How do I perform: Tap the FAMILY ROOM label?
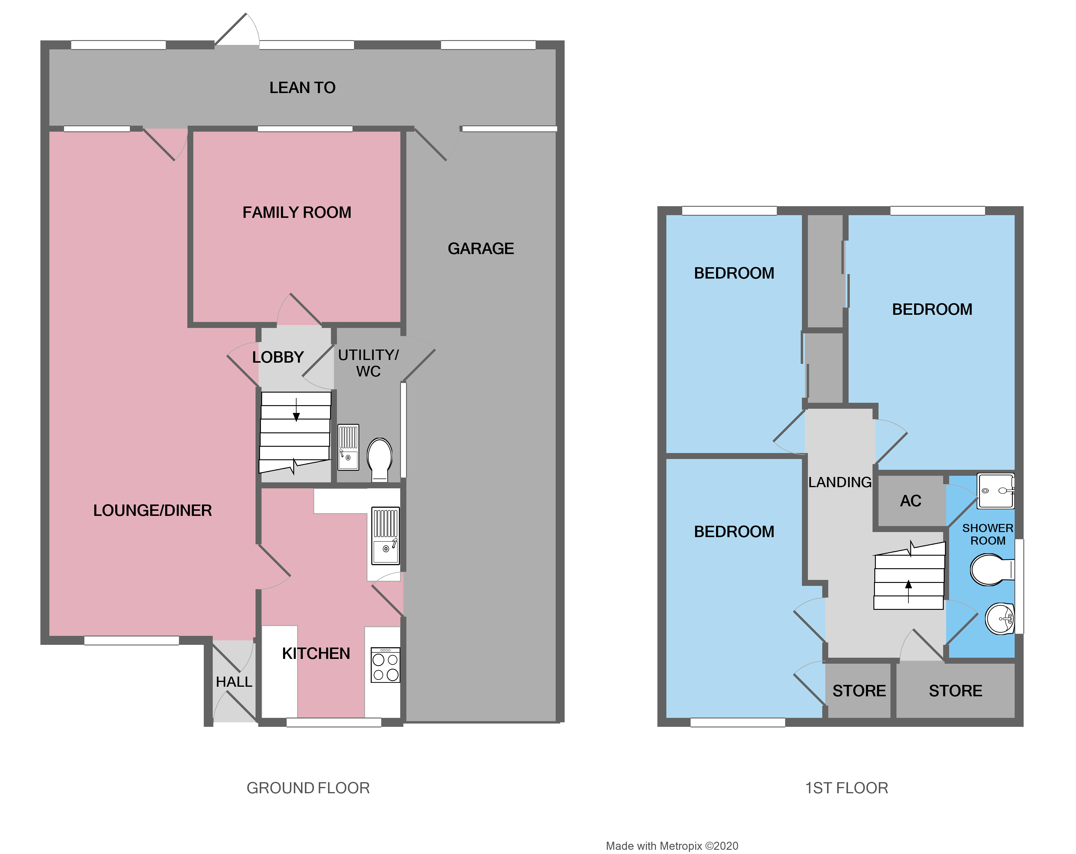(x=297, y=213)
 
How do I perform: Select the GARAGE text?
(x=480, y=249)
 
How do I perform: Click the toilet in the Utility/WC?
(x=380, y=458)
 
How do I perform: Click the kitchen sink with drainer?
(x=385, y=535)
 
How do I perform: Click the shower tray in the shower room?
(x=996, y=491)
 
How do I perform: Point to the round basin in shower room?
(x=1000, y=619)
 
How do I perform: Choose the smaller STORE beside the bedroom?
(x=859, y=691)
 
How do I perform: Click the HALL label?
(x=234, y=682)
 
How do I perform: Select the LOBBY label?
(x=277, y=357)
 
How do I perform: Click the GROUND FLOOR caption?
(x=308, y=788)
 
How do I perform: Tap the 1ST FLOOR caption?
(x=846, y=788)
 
